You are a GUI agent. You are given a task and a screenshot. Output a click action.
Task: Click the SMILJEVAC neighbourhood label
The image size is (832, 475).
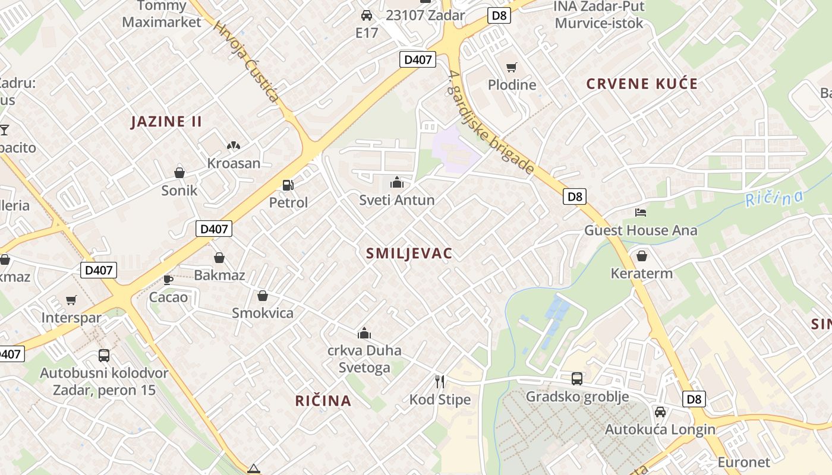409,254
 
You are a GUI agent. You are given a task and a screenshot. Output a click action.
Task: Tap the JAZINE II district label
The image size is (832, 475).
166,122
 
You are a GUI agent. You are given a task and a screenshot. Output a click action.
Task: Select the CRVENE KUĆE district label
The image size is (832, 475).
642,84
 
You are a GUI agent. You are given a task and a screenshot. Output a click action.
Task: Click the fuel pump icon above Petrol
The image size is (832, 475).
288,185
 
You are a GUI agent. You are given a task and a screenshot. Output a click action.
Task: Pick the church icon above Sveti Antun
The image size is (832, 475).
397,182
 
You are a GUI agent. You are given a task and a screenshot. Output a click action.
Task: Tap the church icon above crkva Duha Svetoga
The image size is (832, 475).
364,333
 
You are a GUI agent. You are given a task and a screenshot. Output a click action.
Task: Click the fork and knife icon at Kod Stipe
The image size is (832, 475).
440,381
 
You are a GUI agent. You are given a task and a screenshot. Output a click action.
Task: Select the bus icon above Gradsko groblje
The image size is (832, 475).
576,378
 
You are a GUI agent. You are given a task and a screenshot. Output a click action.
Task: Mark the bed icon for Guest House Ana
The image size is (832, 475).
641,212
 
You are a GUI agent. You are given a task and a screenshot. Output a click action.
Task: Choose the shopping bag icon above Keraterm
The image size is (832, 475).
642,256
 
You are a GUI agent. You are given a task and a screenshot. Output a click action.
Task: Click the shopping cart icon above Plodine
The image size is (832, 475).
512,67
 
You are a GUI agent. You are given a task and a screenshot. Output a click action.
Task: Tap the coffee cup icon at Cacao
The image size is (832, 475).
168,280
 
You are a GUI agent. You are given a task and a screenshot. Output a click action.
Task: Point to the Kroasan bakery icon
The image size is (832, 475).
234,145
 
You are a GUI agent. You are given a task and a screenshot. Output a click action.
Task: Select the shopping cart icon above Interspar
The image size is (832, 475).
71,300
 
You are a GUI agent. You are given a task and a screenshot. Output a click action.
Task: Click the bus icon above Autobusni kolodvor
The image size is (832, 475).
104,356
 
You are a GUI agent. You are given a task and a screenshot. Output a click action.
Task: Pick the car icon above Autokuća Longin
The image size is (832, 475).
660,411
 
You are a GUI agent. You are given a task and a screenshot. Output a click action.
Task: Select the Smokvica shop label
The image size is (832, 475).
263,313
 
